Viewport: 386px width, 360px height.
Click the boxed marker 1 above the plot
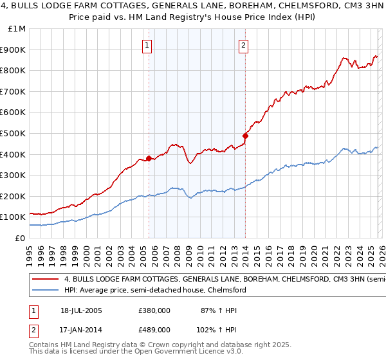pos(148,45)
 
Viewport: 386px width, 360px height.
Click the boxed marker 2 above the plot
pos(244,45)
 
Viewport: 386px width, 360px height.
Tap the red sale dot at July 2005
pos(149,158)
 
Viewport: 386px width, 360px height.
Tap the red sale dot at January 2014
pos(245,136)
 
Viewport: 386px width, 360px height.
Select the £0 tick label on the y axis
pos(20,238)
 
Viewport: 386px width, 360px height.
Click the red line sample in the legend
pos(46,280)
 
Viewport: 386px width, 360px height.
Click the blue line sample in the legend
pos(46,291)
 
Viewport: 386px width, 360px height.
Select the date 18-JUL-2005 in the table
pos(81,310)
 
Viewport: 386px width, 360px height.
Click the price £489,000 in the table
pos(154,329)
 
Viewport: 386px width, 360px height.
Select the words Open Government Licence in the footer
pos(180,352)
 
